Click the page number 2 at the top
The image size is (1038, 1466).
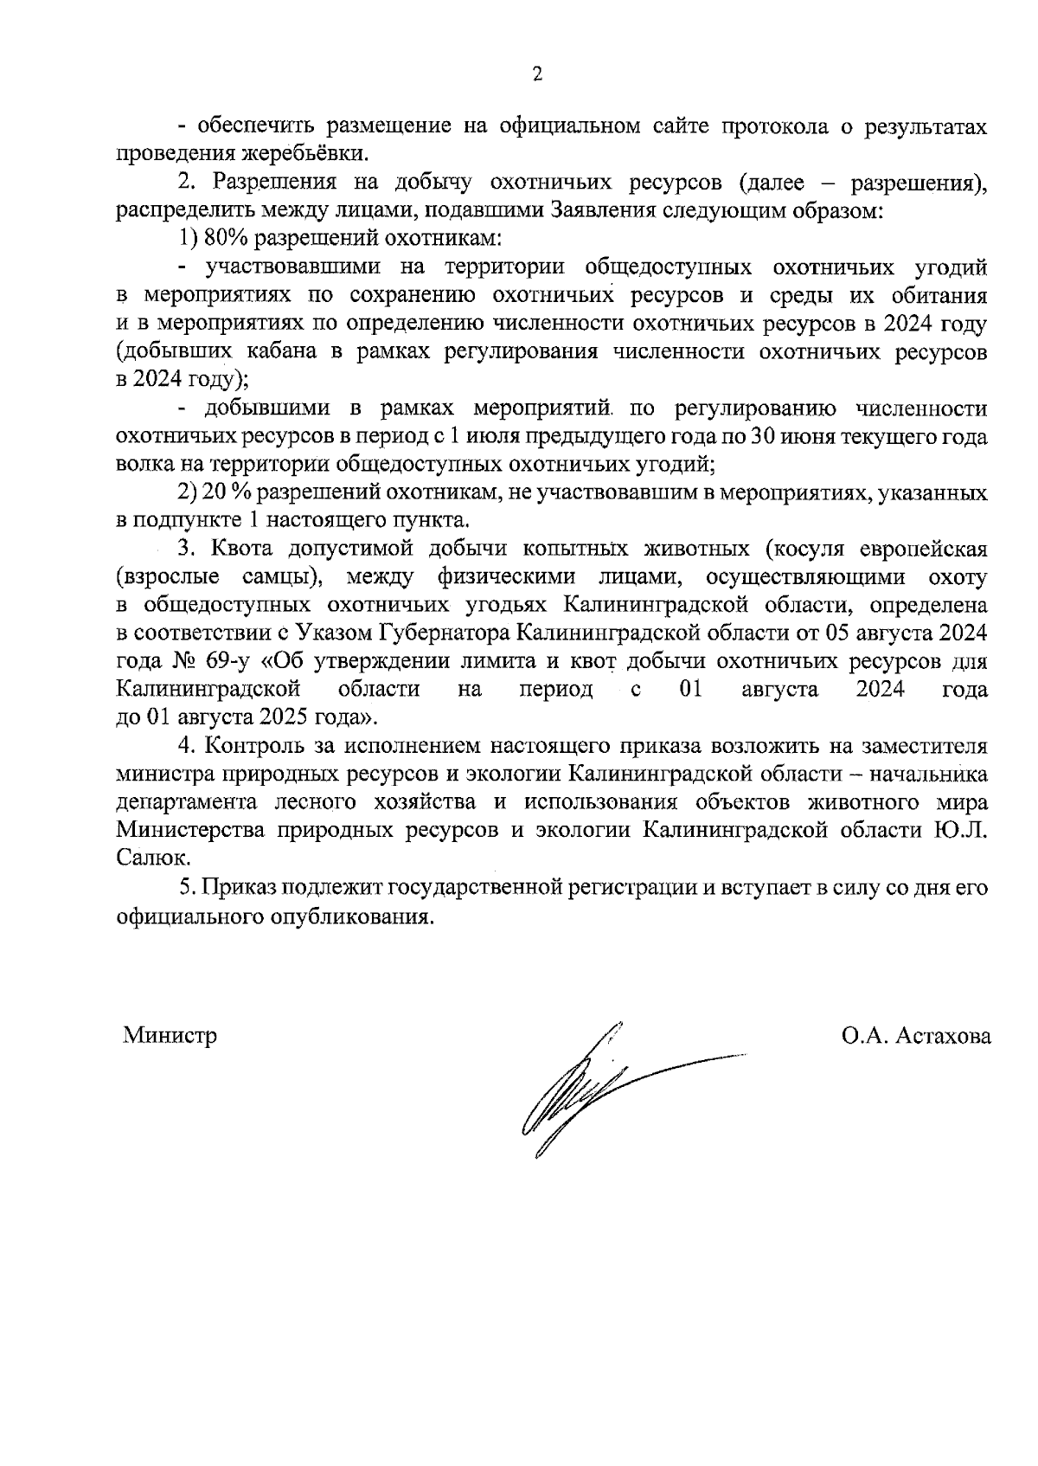click(536, 75)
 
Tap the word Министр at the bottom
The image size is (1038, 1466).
click(170, 1035)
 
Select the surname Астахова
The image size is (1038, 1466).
click(943, 1035)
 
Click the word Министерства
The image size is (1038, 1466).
click(191, 830)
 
